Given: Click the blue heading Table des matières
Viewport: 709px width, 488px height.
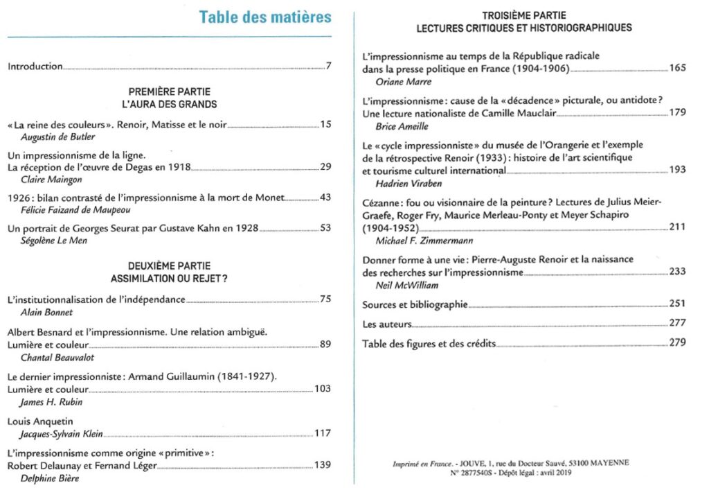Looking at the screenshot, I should (x=265, y=17).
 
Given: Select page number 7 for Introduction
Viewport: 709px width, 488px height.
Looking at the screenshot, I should (x=329, y=67).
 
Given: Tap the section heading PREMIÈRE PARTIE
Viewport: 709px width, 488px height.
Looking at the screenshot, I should (x=170, y=91).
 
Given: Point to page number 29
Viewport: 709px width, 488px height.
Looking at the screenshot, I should (x=325, y=167).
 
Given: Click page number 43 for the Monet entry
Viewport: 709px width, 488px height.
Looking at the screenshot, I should (x=325, y=198).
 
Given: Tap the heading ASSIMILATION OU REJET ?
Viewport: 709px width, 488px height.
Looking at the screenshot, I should (x=170, y=279).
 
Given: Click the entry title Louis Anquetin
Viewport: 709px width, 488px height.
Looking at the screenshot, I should (x=40, y=421).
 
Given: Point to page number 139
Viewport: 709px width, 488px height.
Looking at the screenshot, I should (x=323, y=464).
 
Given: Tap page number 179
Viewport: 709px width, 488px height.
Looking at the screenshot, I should (x=677, y=113).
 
